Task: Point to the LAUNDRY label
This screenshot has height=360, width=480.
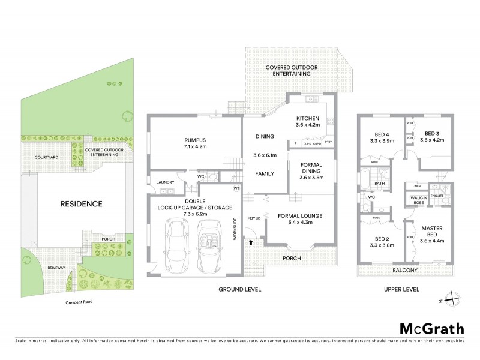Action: tap(164, 182)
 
